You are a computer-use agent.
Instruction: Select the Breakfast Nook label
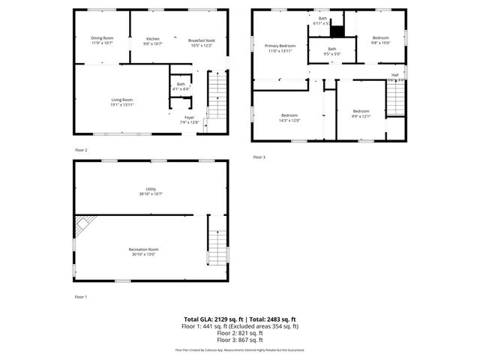tap(201, 41)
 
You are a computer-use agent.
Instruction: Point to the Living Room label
tap(122, 102)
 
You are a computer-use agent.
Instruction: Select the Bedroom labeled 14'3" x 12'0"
tap(289, 118)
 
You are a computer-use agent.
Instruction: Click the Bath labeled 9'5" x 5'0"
tap(331, 51)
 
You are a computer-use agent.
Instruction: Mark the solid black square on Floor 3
tap(337, 31)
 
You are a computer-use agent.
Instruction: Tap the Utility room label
tap(151, 191)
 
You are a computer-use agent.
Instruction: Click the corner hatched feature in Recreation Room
tap(84, 222)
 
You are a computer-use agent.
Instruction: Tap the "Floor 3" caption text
tap(259, 157)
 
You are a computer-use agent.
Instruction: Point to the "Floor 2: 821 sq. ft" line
tap(240, 333)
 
